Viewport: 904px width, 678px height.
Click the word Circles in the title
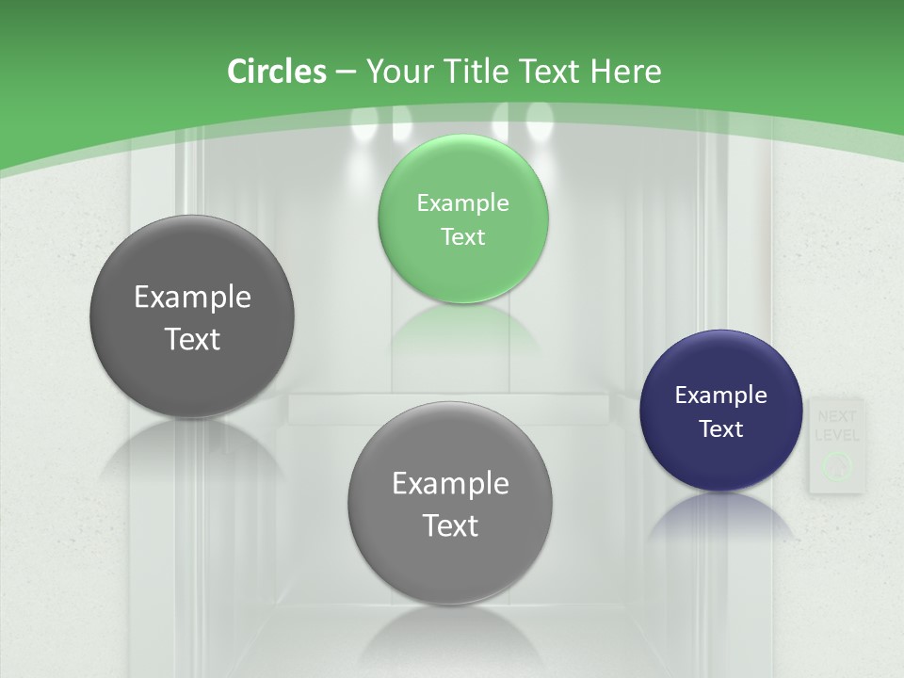pos(277,72)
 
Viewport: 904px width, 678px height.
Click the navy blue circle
pos(720,411)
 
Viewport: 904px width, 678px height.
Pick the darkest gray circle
pos(192,317)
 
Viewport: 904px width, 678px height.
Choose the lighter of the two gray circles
pos(450,503)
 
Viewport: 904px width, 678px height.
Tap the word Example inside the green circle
pos(462,202)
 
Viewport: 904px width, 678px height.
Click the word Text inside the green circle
pos(462,236)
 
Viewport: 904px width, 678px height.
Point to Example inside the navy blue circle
pos(720,395)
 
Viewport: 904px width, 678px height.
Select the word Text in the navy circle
pos(721,428)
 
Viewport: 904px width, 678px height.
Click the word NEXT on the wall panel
pos(837,416)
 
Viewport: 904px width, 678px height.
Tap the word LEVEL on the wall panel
pos(837,435)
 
